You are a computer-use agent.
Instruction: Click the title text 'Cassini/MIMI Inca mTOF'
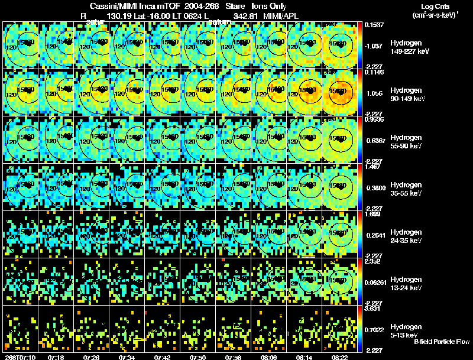pos(131,6)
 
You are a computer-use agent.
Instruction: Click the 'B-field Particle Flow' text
pos(442,342)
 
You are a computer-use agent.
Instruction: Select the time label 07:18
pos(57,357)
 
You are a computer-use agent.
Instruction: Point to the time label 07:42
pos(163,357)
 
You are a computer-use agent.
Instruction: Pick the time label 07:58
pos(234,357)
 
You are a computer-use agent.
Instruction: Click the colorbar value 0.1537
pos(374,25)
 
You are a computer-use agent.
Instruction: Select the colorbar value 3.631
pos(374,309)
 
